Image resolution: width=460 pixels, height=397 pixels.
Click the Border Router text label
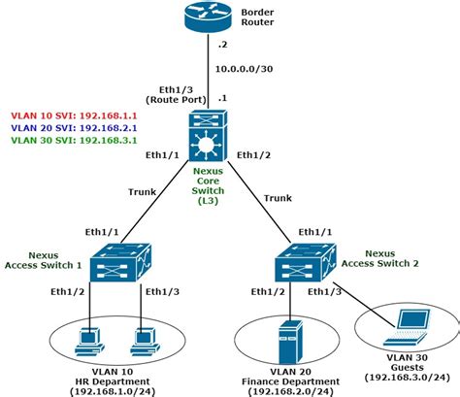259,18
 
